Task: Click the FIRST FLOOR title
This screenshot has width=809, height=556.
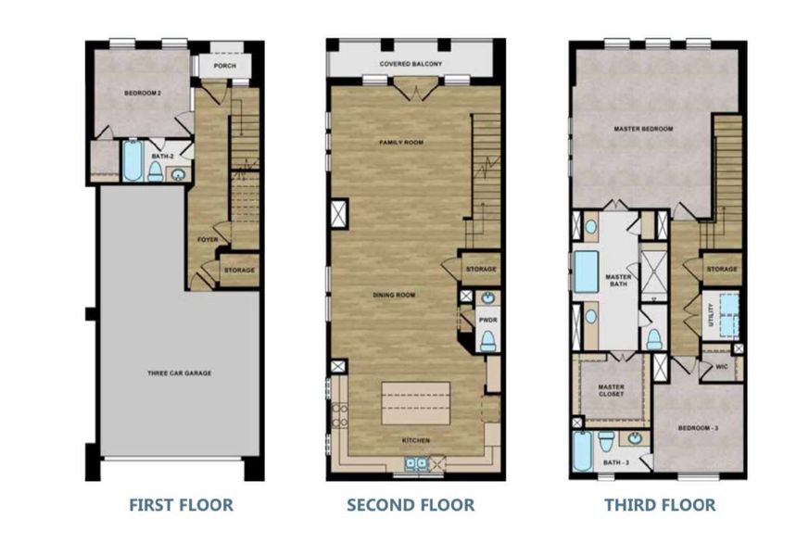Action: pyautogui.click(x=181, y=505)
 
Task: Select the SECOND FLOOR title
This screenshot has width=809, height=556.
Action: pyautogui.click(x=411, y=505)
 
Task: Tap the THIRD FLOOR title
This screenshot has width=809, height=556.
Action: pyautogui.click(x=660, y=505)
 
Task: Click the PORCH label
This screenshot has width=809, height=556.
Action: pyautogui.click(x=224, y=67)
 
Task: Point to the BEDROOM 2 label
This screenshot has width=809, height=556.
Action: pyautogui.click(x=144, y=94)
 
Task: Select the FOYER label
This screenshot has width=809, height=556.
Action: pyautogui.click(x=207, y=239)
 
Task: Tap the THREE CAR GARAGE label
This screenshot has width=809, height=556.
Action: pyautogui.click(x=180, y=373)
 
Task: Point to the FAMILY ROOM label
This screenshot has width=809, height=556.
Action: pyautogui.click(x=400, y=143)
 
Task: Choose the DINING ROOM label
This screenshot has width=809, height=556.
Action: pyautogui.click(x=394, y=295)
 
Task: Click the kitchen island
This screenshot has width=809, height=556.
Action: pyautogui.click(x=415, y=404)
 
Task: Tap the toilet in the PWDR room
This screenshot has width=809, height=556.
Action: pyautogui.click(x=488, y=340)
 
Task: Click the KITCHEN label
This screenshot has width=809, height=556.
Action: pyautogui.click(x=415, y=440)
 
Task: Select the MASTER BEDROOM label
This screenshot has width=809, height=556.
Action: pyautogui.click(x=643, y=129)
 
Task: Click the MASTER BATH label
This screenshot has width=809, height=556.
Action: pyautogui.click(x=618, y=282)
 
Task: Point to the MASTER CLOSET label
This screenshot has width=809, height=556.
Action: pyautogui.click(x=611, y=390)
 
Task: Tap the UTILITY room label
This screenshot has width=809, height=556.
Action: pyautogui.click(x=711, y=313)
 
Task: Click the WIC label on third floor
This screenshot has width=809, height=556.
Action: pyautogui.click(x=722, y=367)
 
